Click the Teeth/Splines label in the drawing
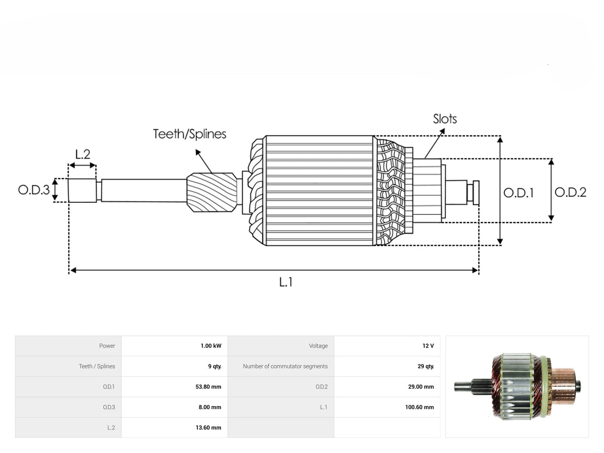pos(190,134)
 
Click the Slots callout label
pos(444,119)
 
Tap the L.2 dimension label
pos(83,155)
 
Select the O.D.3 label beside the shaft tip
pos(34,190)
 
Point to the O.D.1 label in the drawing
pos(518,193)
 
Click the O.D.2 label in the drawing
pos(570,192)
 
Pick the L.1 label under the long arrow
pos(285,282)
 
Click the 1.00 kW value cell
pos(211,346)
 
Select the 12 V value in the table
pos(428,346)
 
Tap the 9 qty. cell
pos(214,366)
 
